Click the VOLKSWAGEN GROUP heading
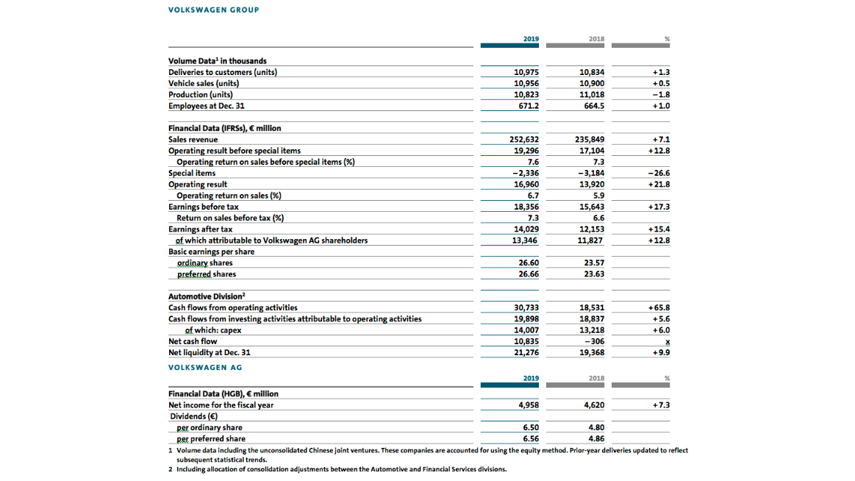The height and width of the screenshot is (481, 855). (214, 10)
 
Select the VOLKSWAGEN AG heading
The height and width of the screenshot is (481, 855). (205, 368)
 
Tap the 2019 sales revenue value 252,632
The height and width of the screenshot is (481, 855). (524, 140)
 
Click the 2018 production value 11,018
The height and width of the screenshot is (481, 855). (592, 95)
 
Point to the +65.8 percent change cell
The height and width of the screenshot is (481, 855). (659, 308)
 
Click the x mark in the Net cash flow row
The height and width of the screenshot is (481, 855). (668, 342)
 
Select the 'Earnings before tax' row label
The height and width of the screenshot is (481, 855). (204, 207)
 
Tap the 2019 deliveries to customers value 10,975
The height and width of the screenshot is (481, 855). (526, 73)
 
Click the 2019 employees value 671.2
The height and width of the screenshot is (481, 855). (529, 107)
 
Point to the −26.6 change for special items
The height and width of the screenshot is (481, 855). (659, 174)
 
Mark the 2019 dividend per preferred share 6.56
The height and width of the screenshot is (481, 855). (531, 439)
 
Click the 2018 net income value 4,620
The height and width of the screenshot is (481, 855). (594, 405)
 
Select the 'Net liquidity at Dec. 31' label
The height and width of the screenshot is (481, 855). (210, 353)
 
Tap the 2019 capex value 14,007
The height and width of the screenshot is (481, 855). (526, 330)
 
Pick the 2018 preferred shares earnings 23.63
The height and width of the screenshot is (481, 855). (594, 274)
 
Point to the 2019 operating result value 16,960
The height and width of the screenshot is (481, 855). (526, 185)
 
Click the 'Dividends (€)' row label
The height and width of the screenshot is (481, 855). (193, 417)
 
